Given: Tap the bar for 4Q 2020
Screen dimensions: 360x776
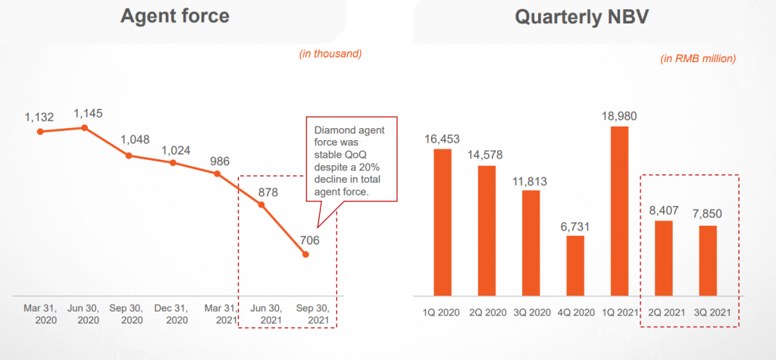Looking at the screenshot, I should coord(576,265).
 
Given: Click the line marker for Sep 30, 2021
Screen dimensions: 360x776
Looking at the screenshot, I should coord(305,255).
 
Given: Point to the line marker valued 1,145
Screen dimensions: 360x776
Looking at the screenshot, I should coord(85,127).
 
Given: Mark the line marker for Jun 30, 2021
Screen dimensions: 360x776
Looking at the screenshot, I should coord(261,204).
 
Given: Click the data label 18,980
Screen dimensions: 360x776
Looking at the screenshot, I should coord(619,116).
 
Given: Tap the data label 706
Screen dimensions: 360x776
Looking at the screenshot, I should coord(309,240).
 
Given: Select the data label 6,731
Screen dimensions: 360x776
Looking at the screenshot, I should coord(576,226).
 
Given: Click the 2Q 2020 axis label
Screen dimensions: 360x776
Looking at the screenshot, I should coord(487,311).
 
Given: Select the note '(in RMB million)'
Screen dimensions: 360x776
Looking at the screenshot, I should coord(698,58).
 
